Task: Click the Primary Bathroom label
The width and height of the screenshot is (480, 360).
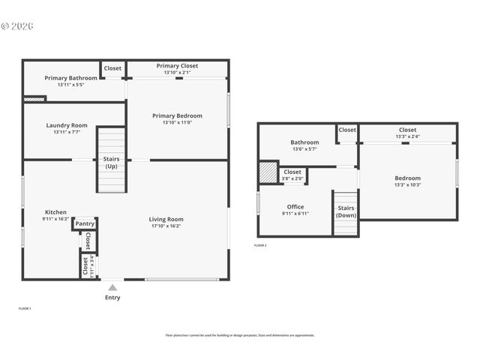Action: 70,78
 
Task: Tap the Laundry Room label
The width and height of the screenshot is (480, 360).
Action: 67,125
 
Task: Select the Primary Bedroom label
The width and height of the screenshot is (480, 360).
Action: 177,115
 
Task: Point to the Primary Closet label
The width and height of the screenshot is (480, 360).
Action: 177,66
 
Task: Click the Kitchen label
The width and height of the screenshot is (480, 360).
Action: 55,211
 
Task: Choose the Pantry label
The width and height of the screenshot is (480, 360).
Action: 85,223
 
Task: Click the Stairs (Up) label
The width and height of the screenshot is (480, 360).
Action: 110,162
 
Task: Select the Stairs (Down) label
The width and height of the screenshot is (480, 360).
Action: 346,211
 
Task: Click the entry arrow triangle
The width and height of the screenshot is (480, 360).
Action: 112,287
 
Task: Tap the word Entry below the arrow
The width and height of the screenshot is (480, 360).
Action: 112,298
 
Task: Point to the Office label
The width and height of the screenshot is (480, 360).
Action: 295,206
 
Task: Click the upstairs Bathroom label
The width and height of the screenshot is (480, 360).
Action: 304,142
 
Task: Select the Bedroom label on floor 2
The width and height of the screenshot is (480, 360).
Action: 407,178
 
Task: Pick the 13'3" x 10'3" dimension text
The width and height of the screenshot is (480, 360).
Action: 407,184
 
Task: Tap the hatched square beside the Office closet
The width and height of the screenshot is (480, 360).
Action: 268,172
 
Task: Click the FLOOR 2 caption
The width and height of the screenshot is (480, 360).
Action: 260,245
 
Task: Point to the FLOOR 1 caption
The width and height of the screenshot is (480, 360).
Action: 25,308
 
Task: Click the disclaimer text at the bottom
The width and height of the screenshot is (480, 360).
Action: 239,335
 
